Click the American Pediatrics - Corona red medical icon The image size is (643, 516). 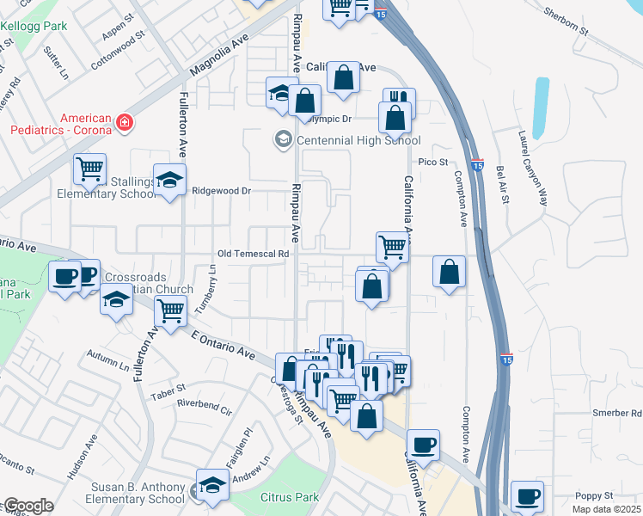pos(126,122)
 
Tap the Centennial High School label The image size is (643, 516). pos(358,140)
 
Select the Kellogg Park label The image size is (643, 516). pos(34,26)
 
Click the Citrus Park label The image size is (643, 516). pos(290,497)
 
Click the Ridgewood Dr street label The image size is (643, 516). pos(220,191)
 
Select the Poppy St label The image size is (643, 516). pos(594,496)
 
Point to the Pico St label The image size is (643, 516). pos(433,162)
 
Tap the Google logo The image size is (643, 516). pos(28,507)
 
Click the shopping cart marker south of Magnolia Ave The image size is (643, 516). pos(89,169)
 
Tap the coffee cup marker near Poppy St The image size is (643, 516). pos(527,497)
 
